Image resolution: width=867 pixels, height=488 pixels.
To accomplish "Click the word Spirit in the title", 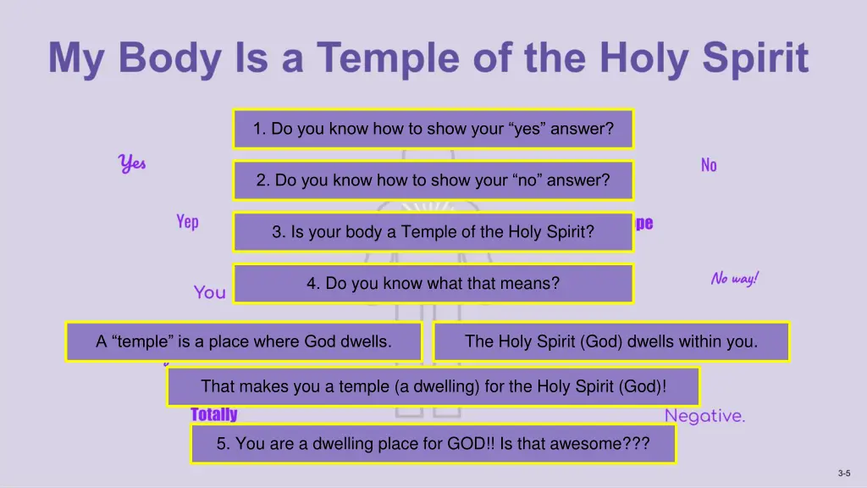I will (745, 58).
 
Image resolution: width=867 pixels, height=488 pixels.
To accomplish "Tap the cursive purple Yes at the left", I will (132, 163).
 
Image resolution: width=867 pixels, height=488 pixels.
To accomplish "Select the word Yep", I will (187, 222).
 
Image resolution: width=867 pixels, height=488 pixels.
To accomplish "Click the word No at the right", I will (709, 165).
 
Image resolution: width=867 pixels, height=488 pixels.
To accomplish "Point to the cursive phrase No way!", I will (734, 279).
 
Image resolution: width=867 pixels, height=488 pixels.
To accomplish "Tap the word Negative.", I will (704, 416).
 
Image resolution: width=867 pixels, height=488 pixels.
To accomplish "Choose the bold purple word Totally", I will (213, 414).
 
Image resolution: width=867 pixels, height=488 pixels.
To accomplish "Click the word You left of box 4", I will (209, 292).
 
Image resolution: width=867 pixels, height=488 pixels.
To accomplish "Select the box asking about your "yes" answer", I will (433, 129).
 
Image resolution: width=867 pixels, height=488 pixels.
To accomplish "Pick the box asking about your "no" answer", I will (433, 180).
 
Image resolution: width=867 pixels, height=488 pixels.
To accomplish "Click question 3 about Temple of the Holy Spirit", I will (433, 232).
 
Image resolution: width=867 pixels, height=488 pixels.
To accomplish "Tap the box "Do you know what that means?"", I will (433, 284).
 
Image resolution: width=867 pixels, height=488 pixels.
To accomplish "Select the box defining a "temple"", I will (244, 341).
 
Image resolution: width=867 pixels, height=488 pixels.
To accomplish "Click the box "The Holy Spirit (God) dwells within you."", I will (611, 341).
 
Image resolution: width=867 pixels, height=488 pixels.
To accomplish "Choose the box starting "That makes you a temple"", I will (433, 387).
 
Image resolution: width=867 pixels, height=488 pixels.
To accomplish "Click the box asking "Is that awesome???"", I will (433, 444).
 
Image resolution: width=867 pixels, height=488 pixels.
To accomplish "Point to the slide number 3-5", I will (843, 474).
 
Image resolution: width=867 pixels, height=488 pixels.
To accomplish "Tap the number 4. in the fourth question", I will (313, 284).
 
